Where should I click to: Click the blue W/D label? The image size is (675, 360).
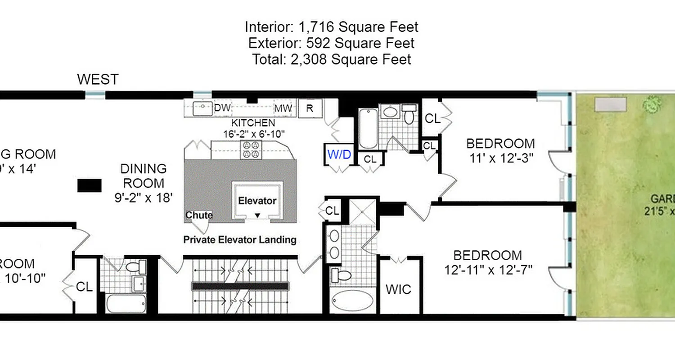tap(340, 154)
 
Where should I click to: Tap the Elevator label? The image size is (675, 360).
tap(257, 201)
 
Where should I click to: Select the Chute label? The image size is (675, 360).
tap(199, 215)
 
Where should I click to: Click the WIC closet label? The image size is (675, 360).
tap(398, 289)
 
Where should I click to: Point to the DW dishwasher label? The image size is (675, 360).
tap(222, 108)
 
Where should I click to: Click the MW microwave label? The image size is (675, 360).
tap(283, 108)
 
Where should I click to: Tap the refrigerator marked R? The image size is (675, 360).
tap(310, 108)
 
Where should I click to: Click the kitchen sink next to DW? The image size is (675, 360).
tap(202, 108)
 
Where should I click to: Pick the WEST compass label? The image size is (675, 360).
tap(98, 80)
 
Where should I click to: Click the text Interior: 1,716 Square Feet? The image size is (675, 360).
tap(331, 27)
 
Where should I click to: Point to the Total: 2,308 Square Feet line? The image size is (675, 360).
tap(331, 59)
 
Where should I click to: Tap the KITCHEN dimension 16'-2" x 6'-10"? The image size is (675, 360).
tap(254, 134)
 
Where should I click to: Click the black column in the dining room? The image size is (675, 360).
tap(89, 185)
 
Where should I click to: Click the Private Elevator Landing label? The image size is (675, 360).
tap(239, 239)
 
